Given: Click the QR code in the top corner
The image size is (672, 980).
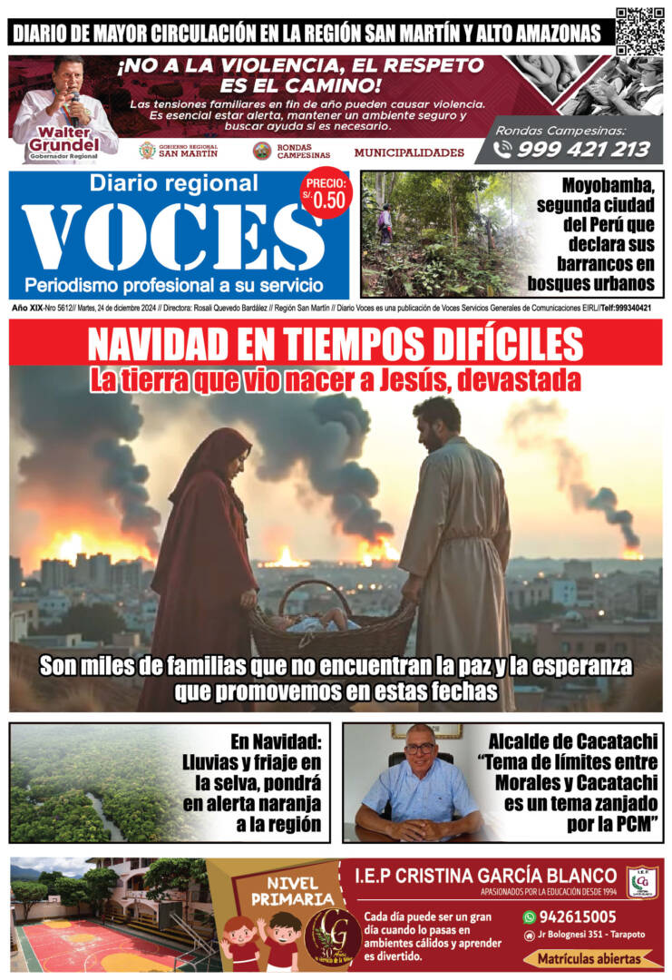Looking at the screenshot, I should pos(639,31).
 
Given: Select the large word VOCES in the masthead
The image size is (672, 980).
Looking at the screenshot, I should pos(171,237).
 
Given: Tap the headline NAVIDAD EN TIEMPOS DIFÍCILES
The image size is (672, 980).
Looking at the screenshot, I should pos(336,345).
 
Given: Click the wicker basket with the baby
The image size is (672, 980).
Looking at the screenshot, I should pos(331,622).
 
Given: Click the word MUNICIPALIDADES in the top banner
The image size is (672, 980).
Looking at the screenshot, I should pos(409,152).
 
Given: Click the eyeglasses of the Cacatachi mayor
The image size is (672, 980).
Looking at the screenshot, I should pos(419,748).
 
